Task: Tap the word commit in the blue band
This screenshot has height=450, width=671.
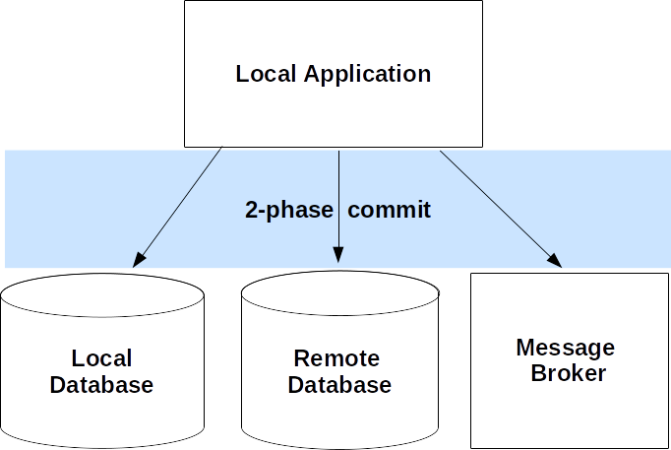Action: pyautogui.click(x=390, y=210)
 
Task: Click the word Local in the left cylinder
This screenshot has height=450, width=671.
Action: pyautogui.click(x=101, y=358)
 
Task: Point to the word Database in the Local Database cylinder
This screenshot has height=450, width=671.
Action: pyautogui.click(x=101, y=384)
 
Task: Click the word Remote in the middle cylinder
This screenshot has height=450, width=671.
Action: pyautogui.click(x=336, y=358)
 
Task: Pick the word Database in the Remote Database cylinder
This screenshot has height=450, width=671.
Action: pyautogui.click(x=339, y=384)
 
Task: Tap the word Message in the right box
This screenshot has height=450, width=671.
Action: pyautogui.click(x=565, y=348)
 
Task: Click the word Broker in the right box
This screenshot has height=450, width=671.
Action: pyautogui.click(x=569, y=373)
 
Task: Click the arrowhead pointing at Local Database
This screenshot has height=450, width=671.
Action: pyautogui.click(x=139, y=260)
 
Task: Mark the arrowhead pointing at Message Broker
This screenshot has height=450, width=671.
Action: pyautogui.click(x=555, y=261)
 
